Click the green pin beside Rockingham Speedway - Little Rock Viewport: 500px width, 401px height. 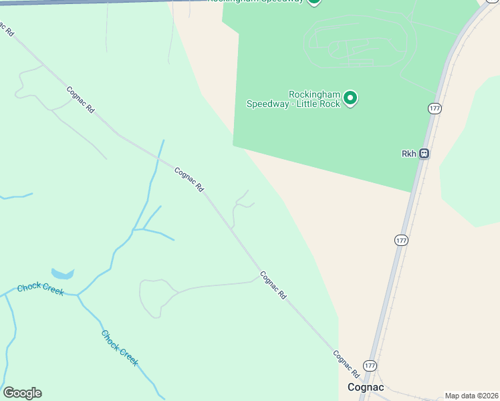pos(350,99)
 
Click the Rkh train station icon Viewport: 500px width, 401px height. pos(424,154)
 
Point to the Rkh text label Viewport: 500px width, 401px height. pos(408,154)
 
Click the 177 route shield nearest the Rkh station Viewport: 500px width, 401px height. pos(434,108)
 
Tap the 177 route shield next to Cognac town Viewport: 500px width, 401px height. pos(370,366)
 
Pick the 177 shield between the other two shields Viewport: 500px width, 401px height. pos(400,240)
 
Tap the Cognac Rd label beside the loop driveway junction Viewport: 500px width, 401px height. pos(273,284)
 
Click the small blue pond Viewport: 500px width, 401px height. pos(62,274)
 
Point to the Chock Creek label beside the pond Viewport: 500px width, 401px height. pos(40,289)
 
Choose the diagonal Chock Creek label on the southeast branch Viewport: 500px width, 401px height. pos(120,348)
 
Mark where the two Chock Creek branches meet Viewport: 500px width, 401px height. pos(78,295)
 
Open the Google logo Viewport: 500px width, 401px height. pos(22,393)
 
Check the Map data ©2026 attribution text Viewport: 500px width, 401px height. pos(471,396)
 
